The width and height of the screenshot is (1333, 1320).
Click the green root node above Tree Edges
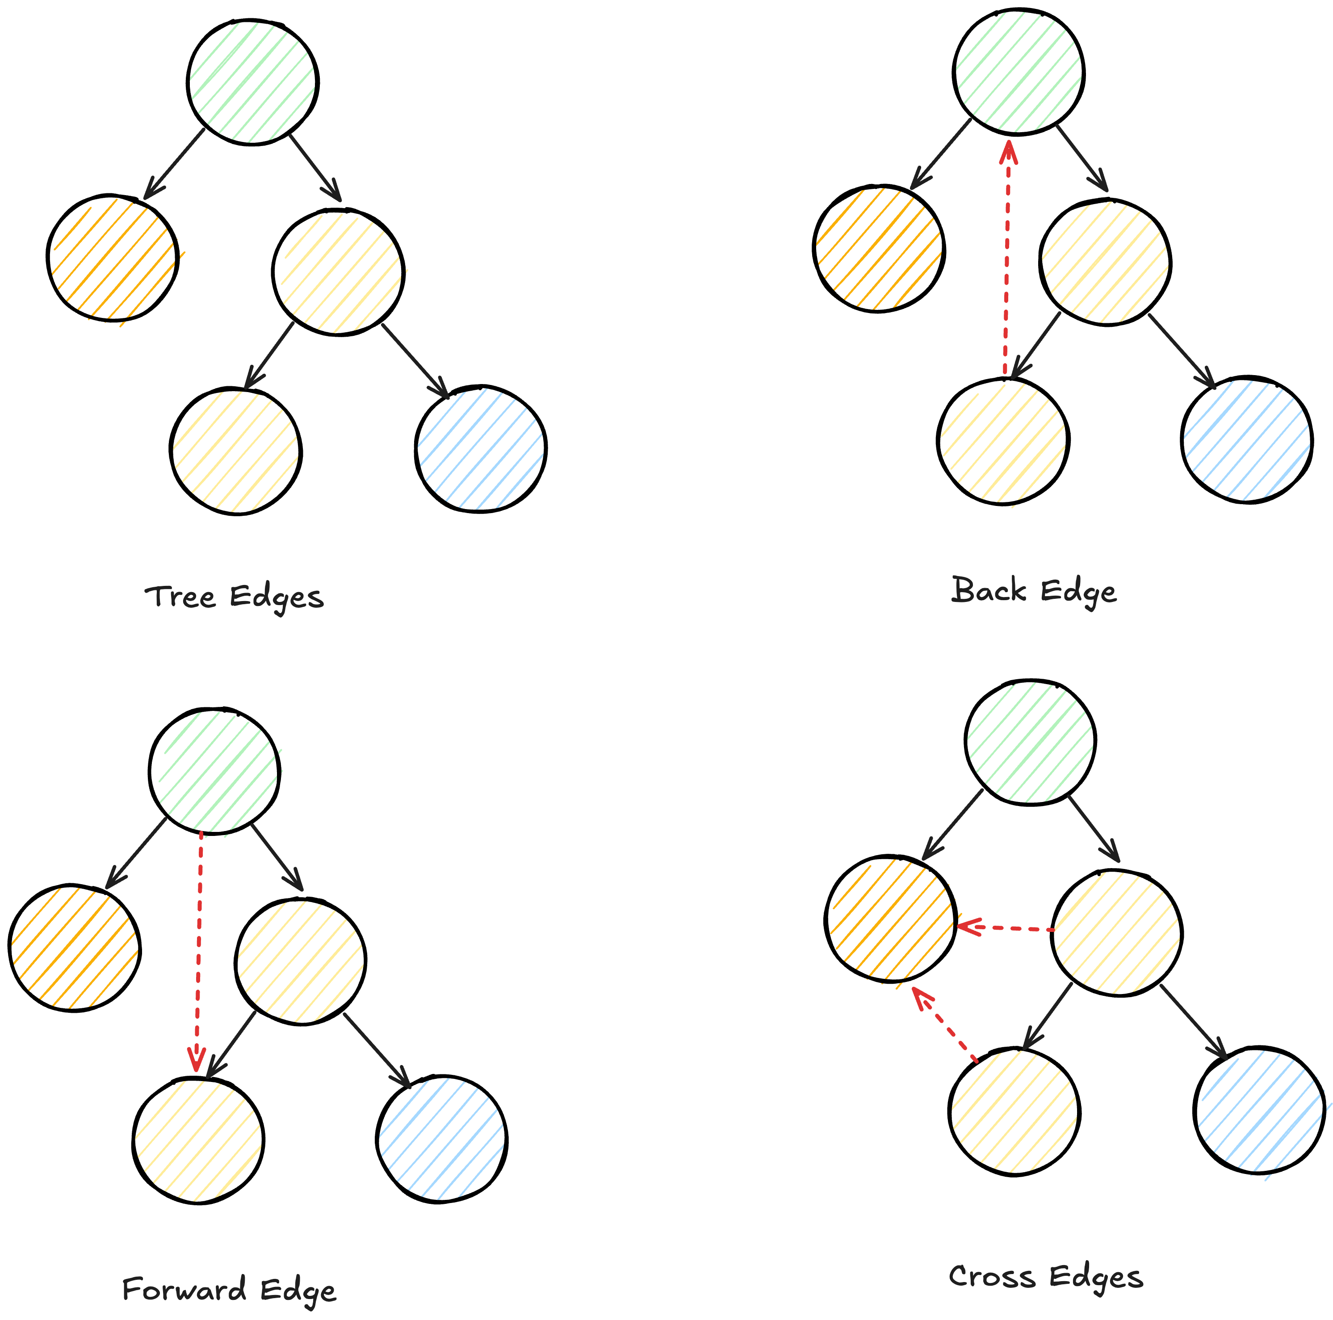pos(252,82)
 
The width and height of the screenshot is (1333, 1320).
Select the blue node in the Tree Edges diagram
pos(481,448)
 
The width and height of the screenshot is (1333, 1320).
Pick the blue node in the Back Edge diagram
pos(1247,439)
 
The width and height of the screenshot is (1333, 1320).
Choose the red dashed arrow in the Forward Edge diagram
pos(199,952)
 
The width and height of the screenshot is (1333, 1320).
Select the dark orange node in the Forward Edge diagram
pos(75,947)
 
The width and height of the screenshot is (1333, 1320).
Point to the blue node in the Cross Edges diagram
pos(1259,1110)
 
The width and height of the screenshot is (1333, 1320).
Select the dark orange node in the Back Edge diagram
pos(879,248)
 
